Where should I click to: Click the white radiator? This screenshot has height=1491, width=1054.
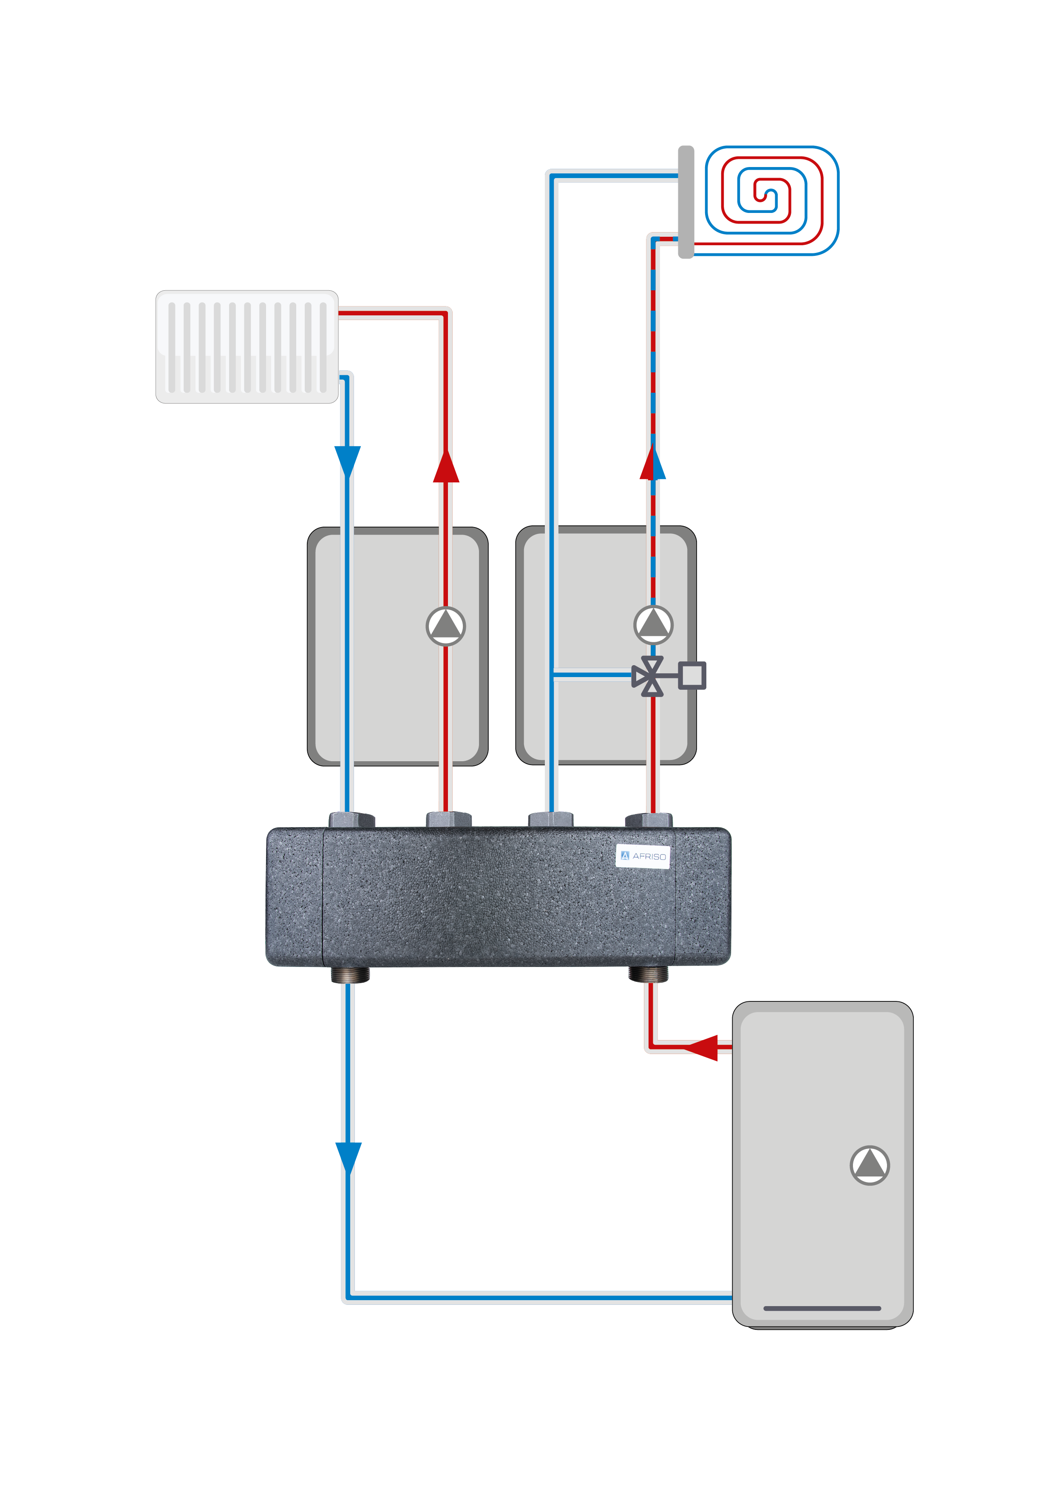click(x=247, y=347)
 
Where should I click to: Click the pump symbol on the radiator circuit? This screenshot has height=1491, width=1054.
click(x=445, y=626)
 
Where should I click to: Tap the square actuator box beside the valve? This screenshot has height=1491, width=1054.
click(x=692, y=675)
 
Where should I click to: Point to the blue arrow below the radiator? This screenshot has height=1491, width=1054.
click(x=347, y=462)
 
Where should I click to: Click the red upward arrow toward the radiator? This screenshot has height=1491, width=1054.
click(x=446, y=466)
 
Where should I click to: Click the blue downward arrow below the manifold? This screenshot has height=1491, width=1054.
click(x=348, y=1158)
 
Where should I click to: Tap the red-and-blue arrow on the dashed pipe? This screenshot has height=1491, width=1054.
click(x=653, y=464)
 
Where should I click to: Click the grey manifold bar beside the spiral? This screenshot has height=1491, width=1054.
click(x=686, y=202)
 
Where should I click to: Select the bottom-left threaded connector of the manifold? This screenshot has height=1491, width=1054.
click(x=350, y=974)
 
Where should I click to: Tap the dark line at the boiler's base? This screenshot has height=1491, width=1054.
click(x=822, y=1308)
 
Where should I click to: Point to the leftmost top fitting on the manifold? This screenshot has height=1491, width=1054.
click(x=351, y=819)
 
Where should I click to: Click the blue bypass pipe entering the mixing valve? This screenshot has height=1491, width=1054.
click(x=591, y=675)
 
